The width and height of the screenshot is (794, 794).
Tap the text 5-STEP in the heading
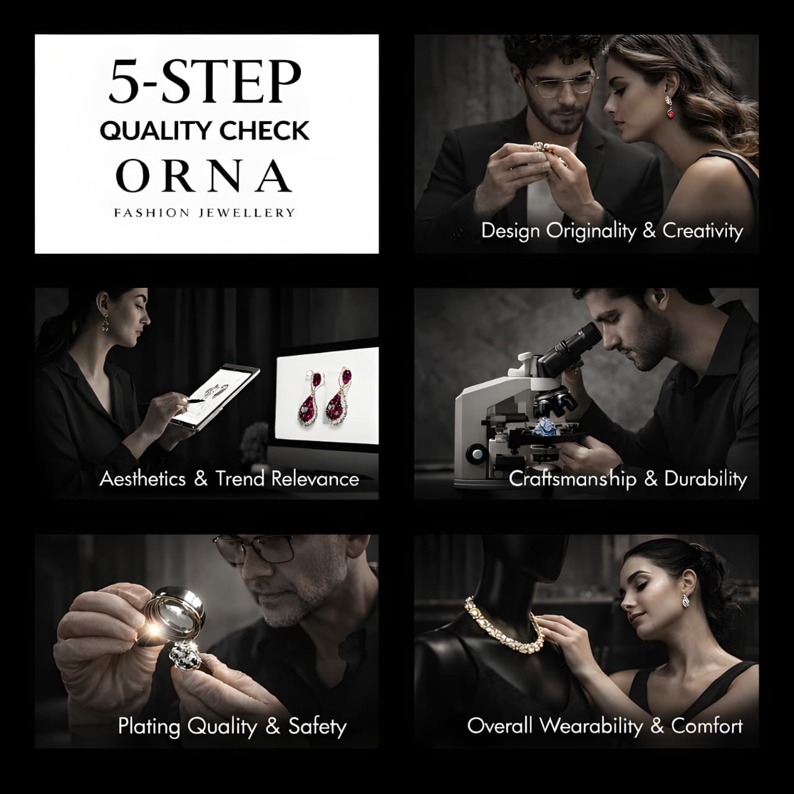click(x=205, y=82)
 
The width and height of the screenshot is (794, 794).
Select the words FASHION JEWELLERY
click(x=204, y=213)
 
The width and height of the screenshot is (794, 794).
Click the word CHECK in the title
click(x=264, y=131)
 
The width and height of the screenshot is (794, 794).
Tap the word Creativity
click(x=703, y=231)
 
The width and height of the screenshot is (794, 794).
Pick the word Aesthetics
click(x=143, y=479)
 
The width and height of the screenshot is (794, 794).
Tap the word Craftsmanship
click(x=573, y=480)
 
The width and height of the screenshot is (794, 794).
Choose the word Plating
click(x=149, y=726)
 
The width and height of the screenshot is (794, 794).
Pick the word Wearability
click(x=591, y=726)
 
